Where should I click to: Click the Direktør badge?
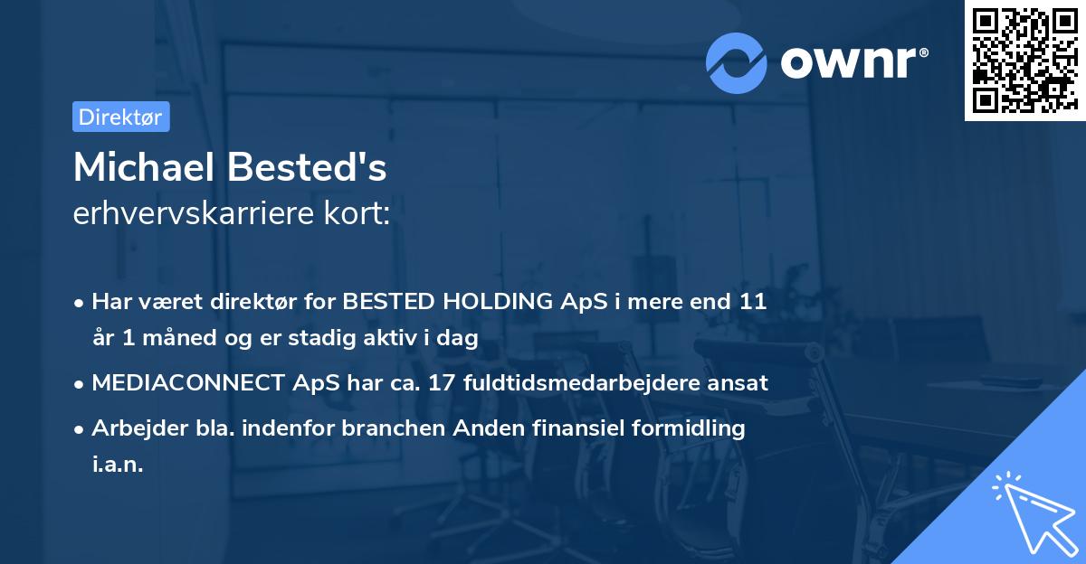(x=120, y=117)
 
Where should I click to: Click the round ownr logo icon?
(x=737, y=62)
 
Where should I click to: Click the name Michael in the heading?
(x=144, y=168)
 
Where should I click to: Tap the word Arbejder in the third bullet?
(x=132, y=428)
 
